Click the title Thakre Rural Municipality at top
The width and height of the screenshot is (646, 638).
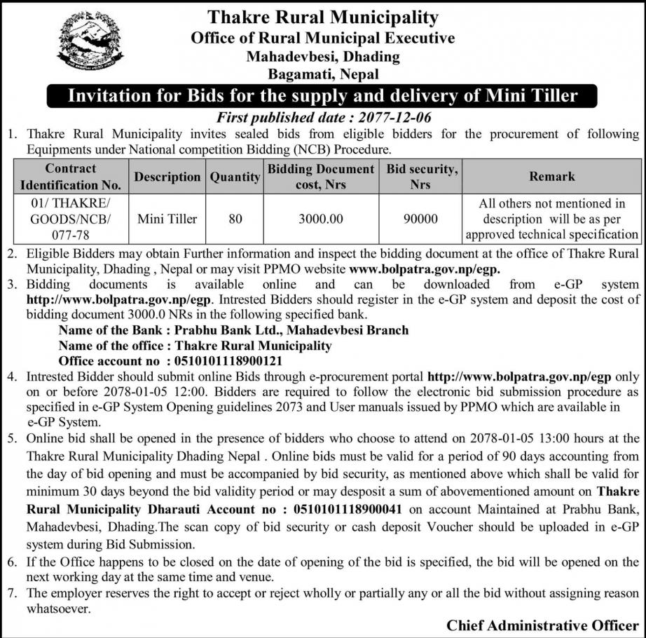pos(322,17)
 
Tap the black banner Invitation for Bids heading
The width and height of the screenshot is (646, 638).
pos(322,95)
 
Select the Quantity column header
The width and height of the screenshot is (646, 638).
pos(235,177)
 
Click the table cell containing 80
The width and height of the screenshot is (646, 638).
pos(235,219)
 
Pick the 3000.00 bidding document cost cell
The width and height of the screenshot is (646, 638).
pos(321,219)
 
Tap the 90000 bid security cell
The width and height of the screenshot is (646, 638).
pos(420,219)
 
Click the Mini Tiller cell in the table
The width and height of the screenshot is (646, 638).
pos(167,219)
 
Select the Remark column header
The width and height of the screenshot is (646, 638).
pos(552,177)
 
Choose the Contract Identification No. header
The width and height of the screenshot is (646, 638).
pos(71,177)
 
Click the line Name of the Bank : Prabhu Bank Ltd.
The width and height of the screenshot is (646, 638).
pos(233,330)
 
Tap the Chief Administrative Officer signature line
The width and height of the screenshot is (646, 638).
pos(542,625)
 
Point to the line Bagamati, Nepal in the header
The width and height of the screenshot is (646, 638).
pos(322,74)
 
